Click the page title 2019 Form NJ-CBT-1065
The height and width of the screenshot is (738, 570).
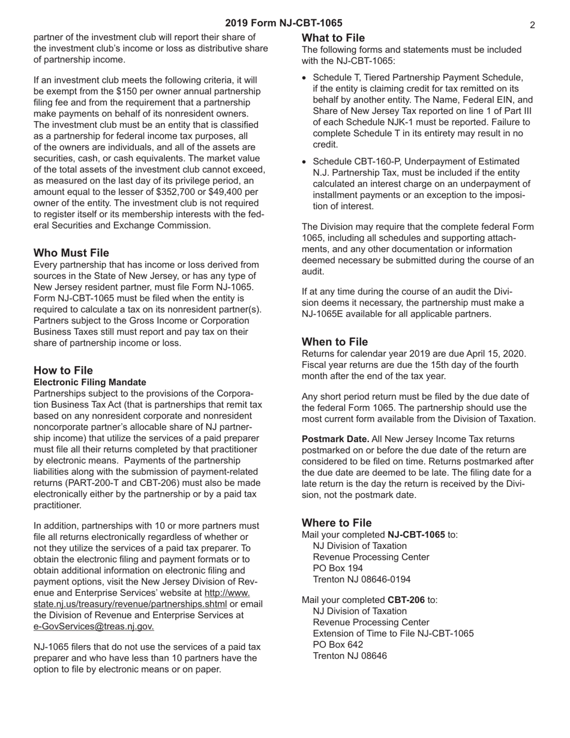coord(284,23)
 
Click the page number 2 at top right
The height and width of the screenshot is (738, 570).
coord(532,25)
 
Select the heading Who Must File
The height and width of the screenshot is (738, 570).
coord(71,253)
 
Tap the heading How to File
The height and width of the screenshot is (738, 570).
coord(63,370)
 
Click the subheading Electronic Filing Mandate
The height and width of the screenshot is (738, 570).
coord(90,382)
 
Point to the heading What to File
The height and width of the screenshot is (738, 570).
coord(333,38)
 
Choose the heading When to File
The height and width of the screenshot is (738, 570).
coord(335,341)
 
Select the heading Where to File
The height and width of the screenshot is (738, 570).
coord(337,523)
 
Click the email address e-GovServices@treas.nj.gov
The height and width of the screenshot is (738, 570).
coord(94,626)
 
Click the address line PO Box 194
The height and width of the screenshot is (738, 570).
coord(338,568)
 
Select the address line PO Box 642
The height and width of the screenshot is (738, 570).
coord(338,644)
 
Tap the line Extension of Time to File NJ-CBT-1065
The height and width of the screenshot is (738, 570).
coord(393,634)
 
